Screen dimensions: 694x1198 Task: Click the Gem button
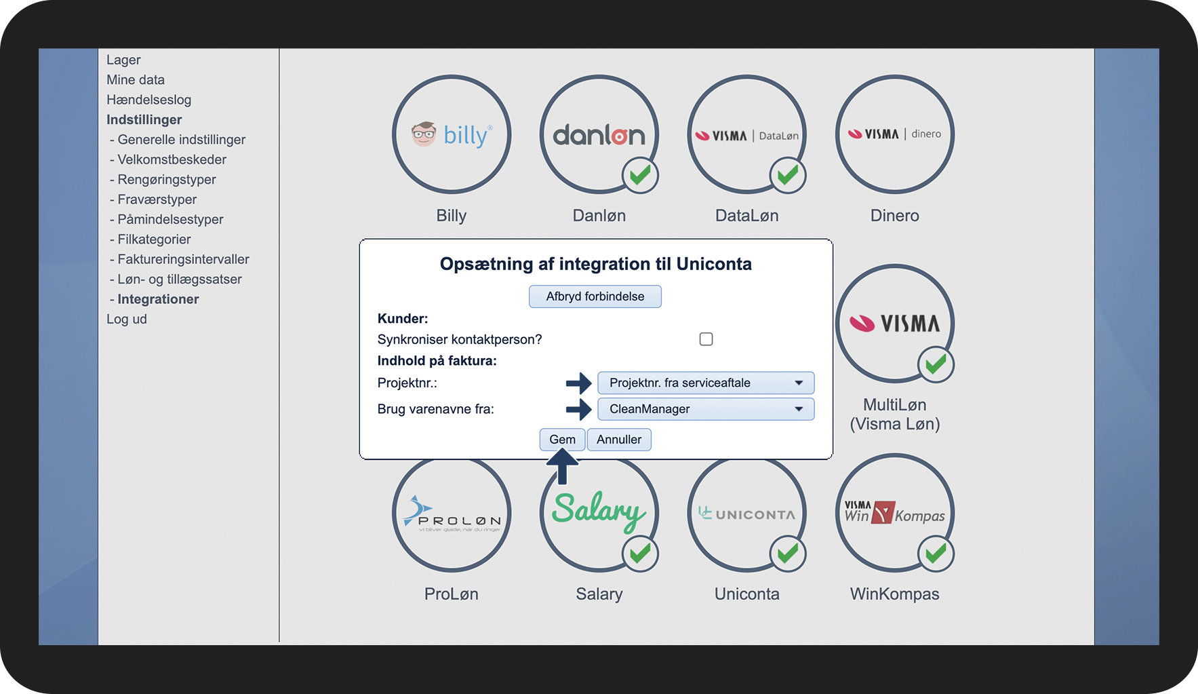pyautogui.click(x=562, y=440)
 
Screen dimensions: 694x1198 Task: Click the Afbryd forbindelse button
pyautogui.click(x=595, y=296)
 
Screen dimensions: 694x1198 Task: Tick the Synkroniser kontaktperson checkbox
pyautogui.click(x=706, y=339)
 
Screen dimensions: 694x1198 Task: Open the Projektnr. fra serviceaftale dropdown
pyautogui.click(x=705, y=383)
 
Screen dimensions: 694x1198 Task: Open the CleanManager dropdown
pyautogui.click(x=705, y=409)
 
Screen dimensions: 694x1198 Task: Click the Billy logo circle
pyautogui.click(x=451, y=134)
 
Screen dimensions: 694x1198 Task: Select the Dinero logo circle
pyautogui.click(x=894, y=134)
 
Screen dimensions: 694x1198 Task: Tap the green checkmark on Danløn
pyautogui.click(x=640, y=176)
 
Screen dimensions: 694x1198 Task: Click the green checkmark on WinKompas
pyautogui.click(x=936, y=554)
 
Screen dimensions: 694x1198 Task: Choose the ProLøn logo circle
pyautogui.click(x=451, y=514)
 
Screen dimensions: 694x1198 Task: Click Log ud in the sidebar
pyautogui.click(x=127, y=319)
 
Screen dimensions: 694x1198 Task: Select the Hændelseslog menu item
pyautogui.click(x=148, y=100)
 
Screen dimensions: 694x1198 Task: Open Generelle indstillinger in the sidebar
pyautogui.click(x=181, y=140)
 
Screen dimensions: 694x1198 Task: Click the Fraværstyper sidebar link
pyautogui.click(x=157, y=199)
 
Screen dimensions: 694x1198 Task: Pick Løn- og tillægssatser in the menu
pyautogui.click(x=179, y=279)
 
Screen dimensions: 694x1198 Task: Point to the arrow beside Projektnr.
pyautogui.click(x=578, y=383)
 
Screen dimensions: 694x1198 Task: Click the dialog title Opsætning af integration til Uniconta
pyautogui.click(x=595, y=264)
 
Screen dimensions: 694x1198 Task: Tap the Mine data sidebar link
pyautogui.click(x=136, y=80)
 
